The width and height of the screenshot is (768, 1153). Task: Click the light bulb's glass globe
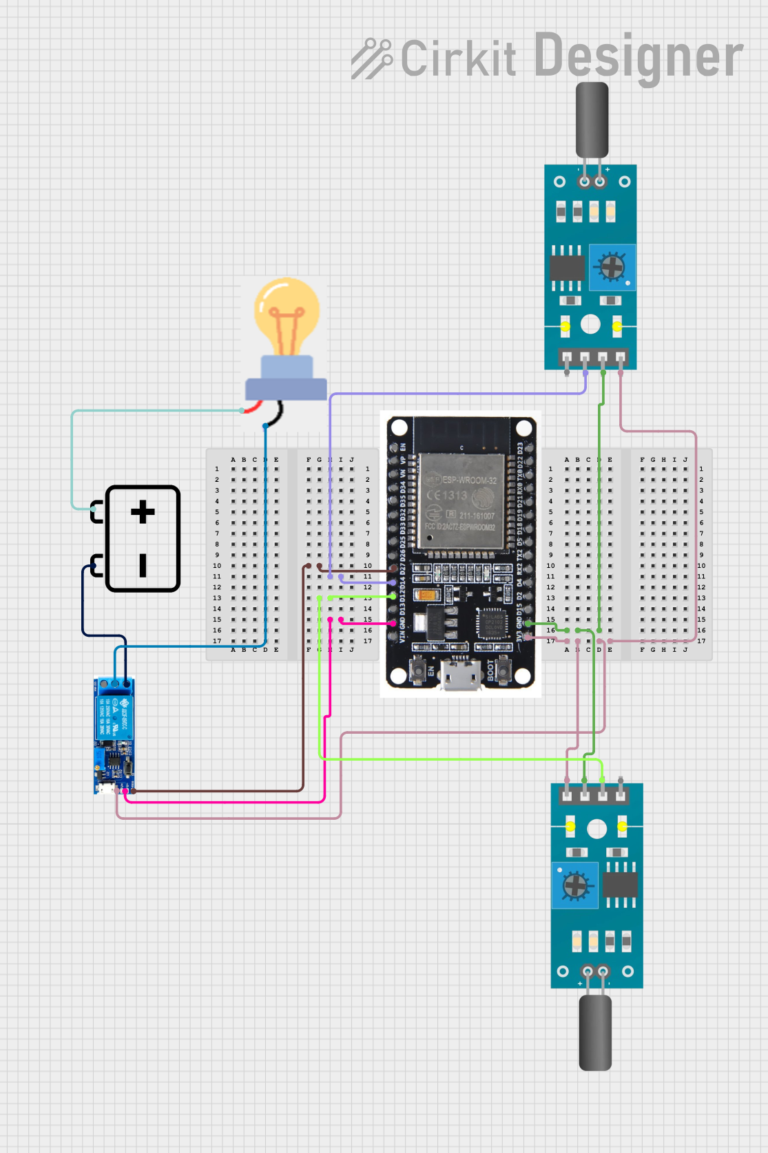287,308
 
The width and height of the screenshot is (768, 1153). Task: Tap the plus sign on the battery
143,512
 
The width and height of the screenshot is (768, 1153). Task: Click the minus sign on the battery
143,564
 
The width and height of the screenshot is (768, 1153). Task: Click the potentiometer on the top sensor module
612,267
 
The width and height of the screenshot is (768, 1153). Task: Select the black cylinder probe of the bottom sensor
595,1033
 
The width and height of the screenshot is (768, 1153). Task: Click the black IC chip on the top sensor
567,268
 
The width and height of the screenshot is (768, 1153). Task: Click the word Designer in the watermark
639,56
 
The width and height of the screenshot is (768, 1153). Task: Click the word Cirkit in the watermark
458,59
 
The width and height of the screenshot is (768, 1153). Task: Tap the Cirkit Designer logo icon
371,59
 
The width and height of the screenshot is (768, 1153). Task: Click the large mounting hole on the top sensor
590,324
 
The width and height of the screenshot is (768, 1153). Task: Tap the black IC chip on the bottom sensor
620,885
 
